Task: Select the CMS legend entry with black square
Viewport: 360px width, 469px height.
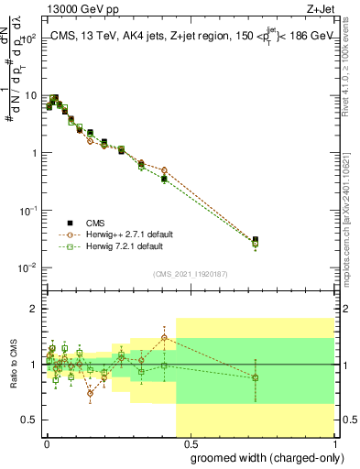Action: [96, 223]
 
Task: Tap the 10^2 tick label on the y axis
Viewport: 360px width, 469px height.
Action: [30, 38]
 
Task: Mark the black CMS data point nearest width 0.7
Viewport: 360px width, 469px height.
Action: [255, 240]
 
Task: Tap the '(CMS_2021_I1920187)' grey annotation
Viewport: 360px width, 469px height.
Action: [191, 272]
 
